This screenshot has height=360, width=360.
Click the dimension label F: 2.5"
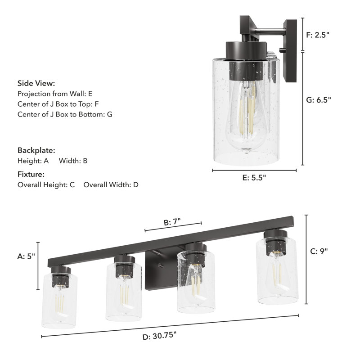click(318, 34)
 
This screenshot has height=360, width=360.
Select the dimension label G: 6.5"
click(319, 100)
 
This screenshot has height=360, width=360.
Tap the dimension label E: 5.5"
click(254, 178)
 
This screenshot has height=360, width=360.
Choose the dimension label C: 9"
click(319, 252)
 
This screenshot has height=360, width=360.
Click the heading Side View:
click(36, 83)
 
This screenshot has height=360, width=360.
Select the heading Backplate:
click(36, 150)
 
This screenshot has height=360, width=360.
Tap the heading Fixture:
click(31, 174)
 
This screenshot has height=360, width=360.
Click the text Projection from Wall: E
click(55, 94)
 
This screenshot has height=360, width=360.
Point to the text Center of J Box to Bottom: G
click(65, 114)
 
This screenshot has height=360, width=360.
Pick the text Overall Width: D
click(111, 184)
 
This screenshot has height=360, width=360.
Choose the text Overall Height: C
click(46, 184)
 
